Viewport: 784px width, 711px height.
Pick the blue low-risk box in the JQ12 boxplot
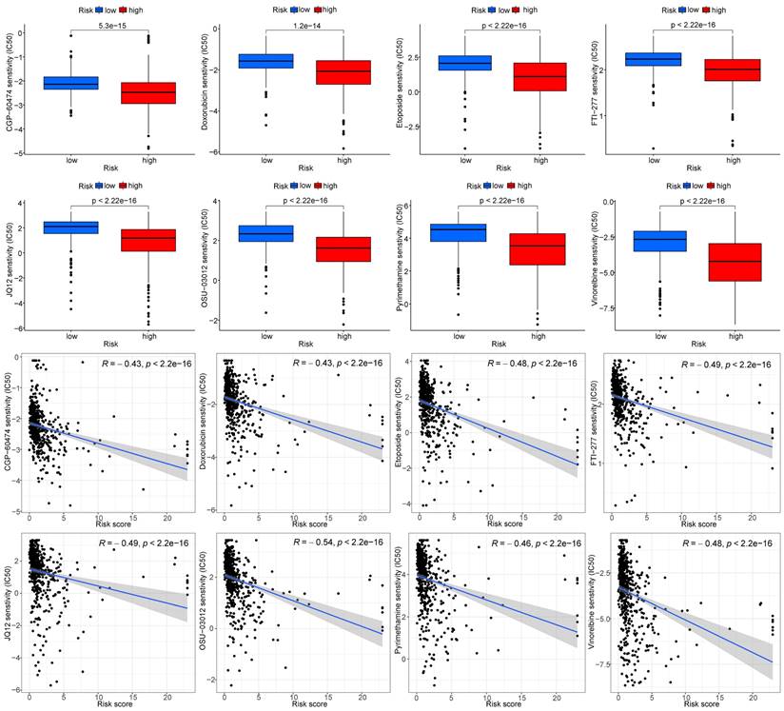coord(70,227)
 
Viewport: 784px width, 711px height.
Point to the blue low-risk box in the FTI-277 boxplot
coord(653,59)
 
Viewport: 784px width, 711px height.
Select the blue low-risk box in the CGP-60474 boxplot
coord(70,83)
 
